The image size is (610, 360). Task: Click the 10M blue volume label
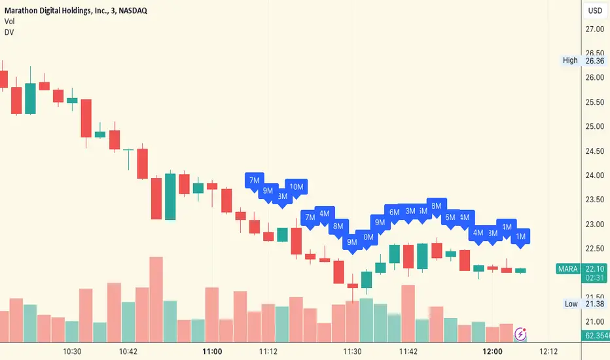click(296, 187)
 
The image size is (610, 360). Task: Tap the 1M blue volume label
click(521, 236)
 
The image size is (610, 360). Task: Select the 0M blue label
click(368, 238)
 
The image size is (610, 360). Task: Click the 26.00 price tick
click(594, 78)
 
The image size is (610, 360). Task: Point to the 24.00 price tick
click(594, 175)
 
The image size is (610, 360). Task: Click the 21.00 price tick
click(594, 321)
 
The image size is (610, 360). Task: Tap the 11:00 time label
click(213, 351)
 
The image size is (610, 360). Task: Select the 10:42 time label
click(128, 351)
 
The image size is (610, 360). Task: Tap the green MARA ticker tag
click(567, 269)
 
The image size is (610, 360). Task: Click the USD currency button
click(595, 10)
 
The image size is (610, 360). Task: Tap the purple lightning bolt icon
click(521, 334)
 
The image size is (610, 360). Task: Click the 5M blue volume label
click(450, 217)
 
